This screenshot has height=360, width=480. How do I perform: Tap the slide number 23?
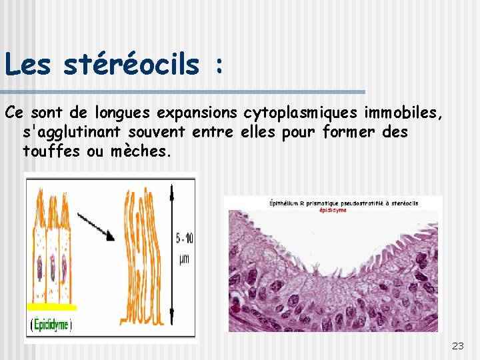[457, 345]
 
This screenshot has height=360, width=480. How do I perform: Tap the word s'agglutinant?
[75, 132]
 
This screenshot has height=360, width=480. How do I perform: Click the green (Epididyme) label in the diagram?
[51, 325]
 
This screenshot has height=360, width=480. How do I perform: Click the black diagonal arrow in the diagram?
[96, 227]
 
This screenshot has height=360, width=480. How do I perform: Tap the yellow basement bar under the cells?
[52, 307]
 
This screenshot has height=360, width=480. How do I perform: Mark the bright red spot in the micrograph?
[235, 309]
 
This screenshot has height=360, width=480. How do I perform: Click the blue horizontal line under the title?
[183, 91]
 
